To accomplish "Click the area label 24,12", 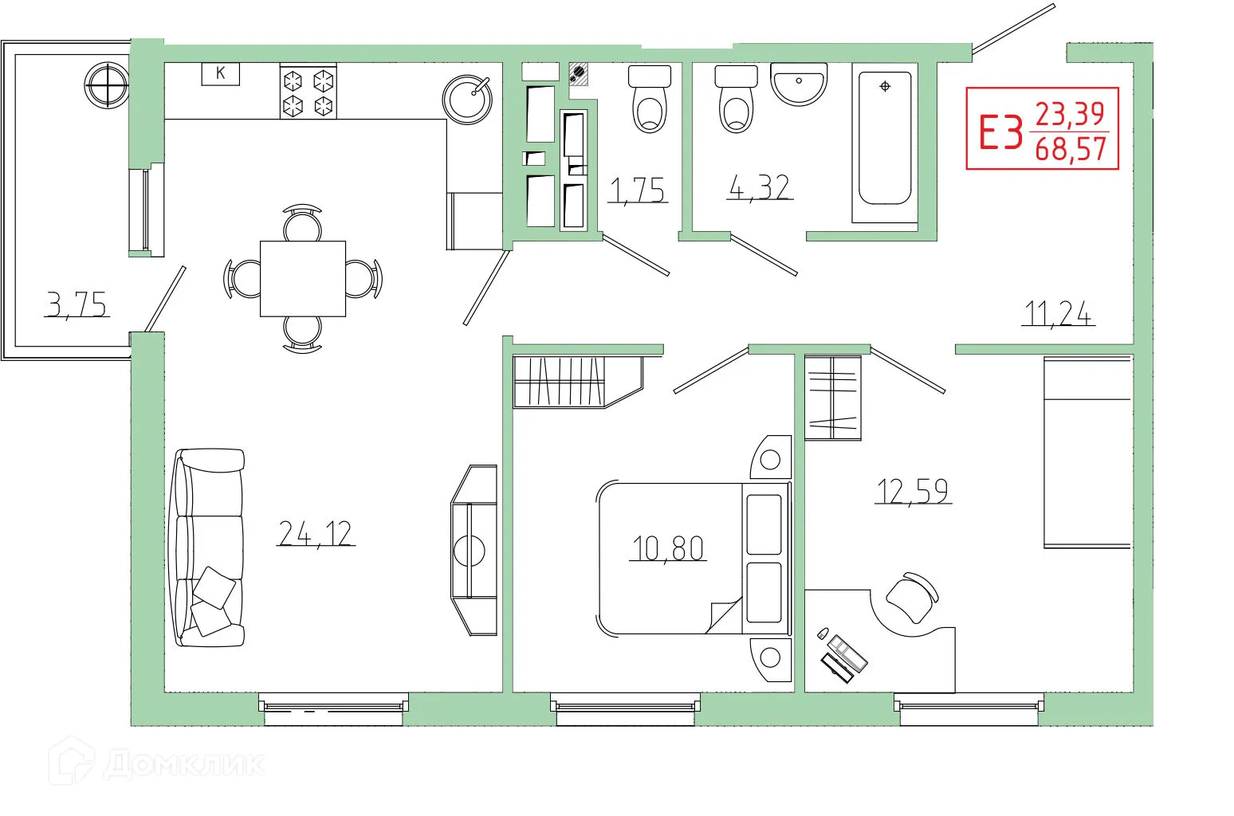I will click(316, 532).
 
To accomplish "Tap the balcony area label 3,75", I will click(77, 304).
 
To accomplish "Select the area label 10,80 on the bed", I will click(667, 548).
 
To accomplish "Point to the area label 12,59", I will click(913, 491).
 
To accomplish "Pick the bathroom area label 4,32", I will click(759, 188).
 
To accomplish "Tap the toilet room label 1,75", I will click(635, 190).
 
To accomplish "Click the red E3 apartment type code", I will click(1000, 132).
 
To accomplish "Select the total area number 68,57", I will click(1071, 149).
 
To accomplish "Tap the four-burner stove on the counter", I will click(308, 92).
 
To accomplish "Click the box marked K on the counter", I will click(221, 73).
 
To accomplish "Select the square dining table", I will click(303, 279).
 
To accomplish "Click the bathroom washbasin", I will click(799, 84).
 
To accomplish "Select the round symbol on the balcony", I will click(107, 84).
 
